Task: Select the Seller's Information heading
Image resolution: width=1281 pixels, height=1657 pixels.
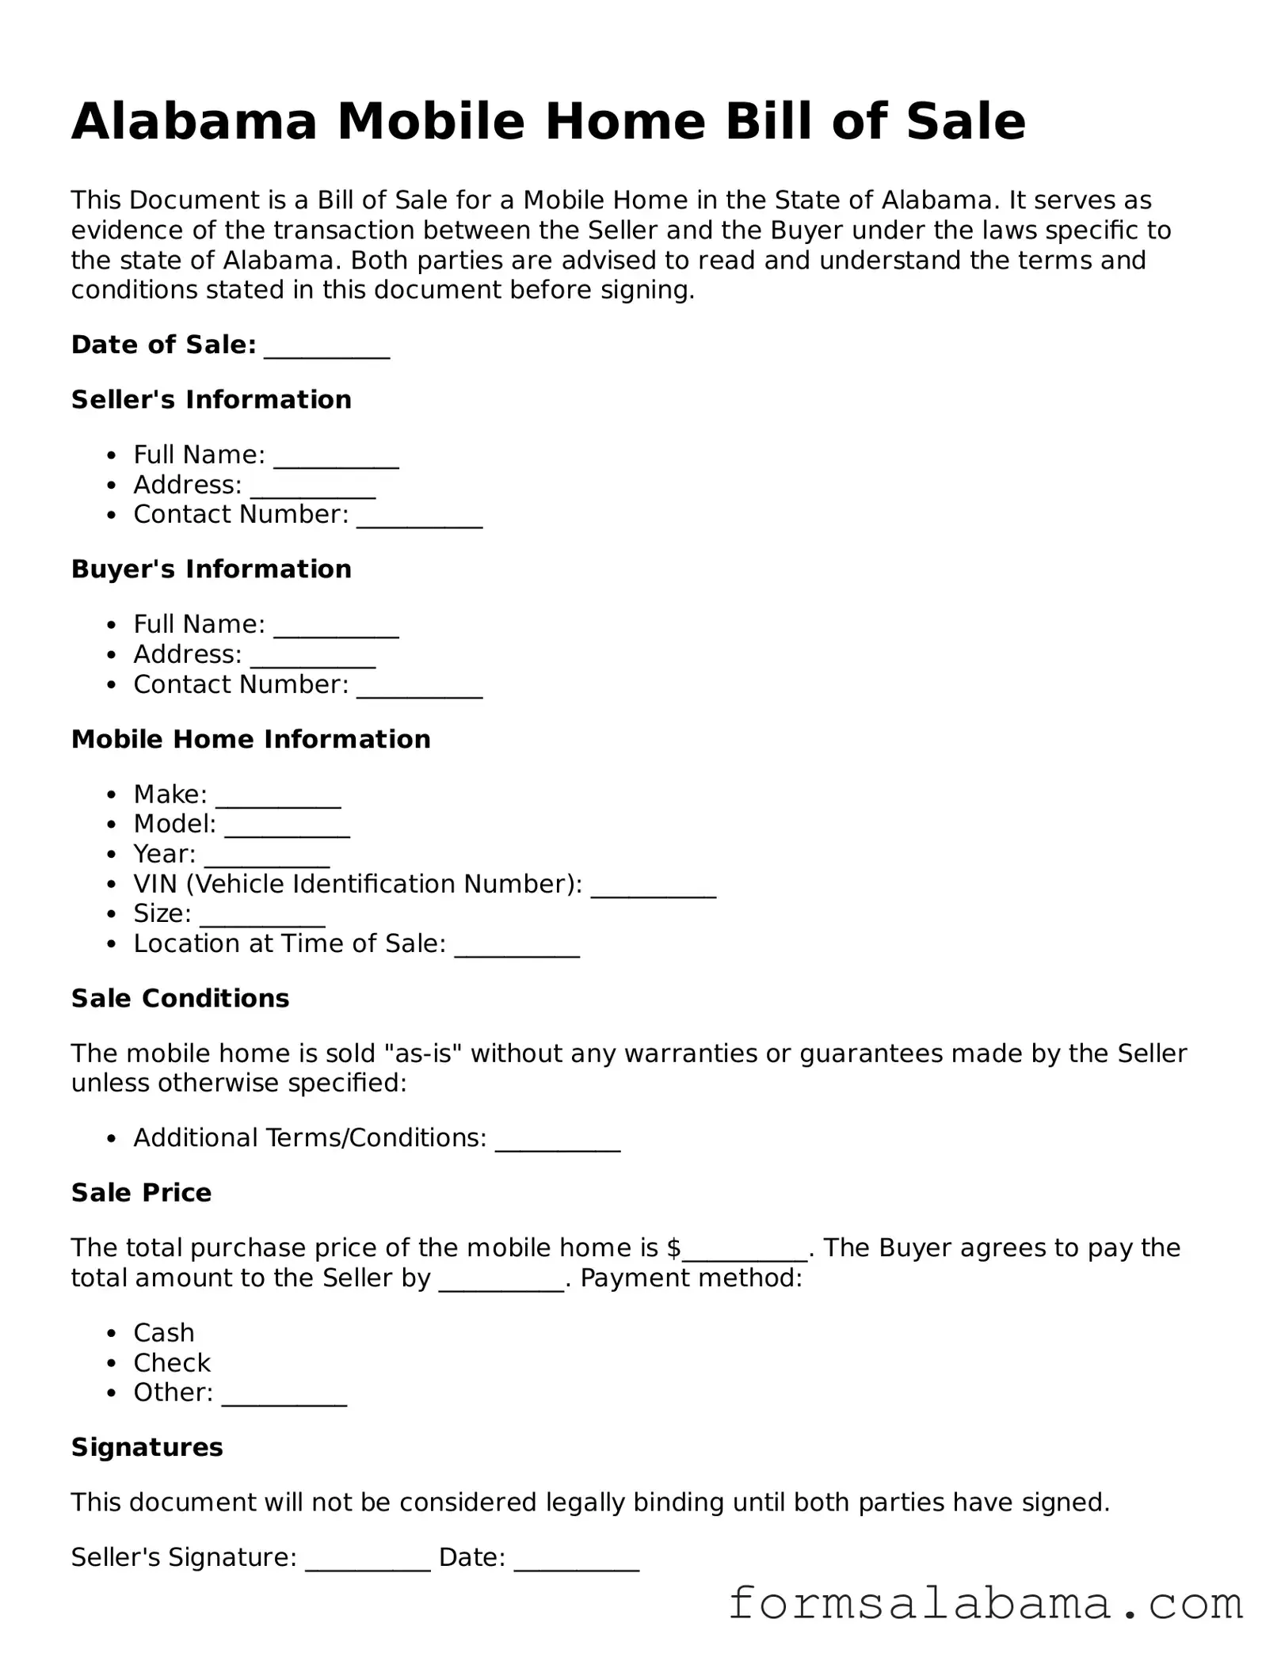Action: point(211,400)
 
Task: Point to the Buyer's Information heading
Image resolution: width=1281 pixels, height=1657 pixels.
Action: point(211,569)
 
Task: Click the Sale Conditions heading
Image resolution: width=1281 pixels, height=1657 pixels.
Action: point(180,999)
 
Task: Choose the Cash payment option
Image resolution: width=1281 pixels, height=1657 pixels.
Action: point(163,1333)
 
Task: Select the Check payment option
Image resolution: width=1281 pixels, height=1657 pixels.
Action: point(172,1363)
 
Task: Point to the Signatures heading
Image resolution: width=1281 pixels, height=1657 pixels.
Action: point(147,1448)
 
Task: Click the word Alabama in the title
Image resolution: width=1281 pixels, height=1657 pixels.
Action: point(194,122)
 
